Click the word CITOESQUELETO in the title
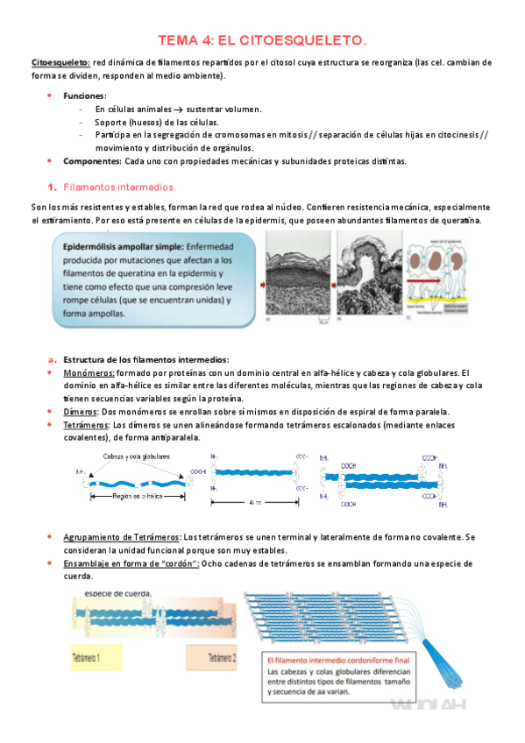click(311, 40)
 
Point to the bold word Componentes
click(92, 160)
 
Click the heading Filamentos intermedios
click(120, 188)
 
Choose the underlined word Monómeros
click(89, 372)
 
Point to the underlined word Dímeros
click(81, 411)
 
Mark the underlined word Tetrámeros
click(88, 424)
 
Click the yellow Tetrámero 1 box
click(96, 658)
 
